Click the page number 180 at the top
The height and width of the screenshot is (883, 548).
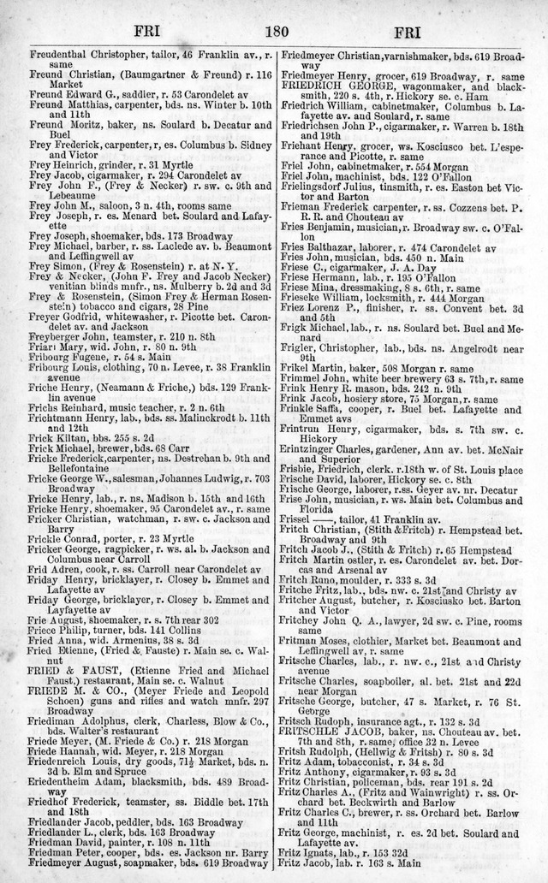pos(276,33)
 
